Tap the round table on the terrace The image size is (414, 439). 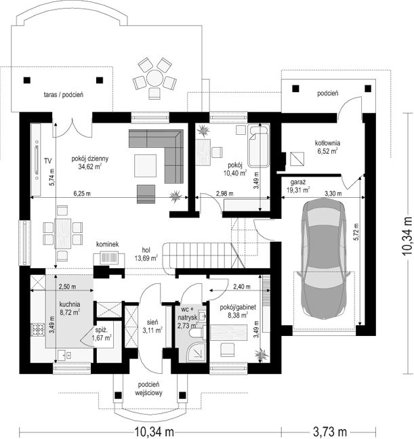154,78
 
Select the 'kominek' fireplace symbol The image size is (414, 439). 108,258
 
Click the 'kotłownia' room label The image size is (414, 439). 327,143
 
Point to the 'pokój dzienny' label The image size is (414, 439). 89,159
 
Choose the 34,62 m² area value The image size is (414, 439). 89,167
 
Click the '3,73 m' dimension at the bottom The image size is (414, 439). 329,432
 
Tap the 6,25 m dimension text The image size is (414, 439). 82,193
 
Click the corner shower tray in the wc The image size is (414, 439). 197,352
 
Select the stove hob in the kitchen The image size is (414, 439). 37,329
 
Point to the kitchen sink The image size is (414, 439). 64,355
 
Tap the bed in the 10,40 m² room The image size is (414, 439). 258,146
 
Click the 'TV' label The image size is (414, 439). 48,161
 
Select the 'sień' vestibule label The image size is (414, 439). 152,322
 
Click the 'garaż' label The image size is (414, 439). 297,182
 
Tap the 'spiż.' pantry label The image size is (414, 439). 100,329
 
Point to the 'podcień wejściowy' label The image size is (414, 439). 148,389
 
